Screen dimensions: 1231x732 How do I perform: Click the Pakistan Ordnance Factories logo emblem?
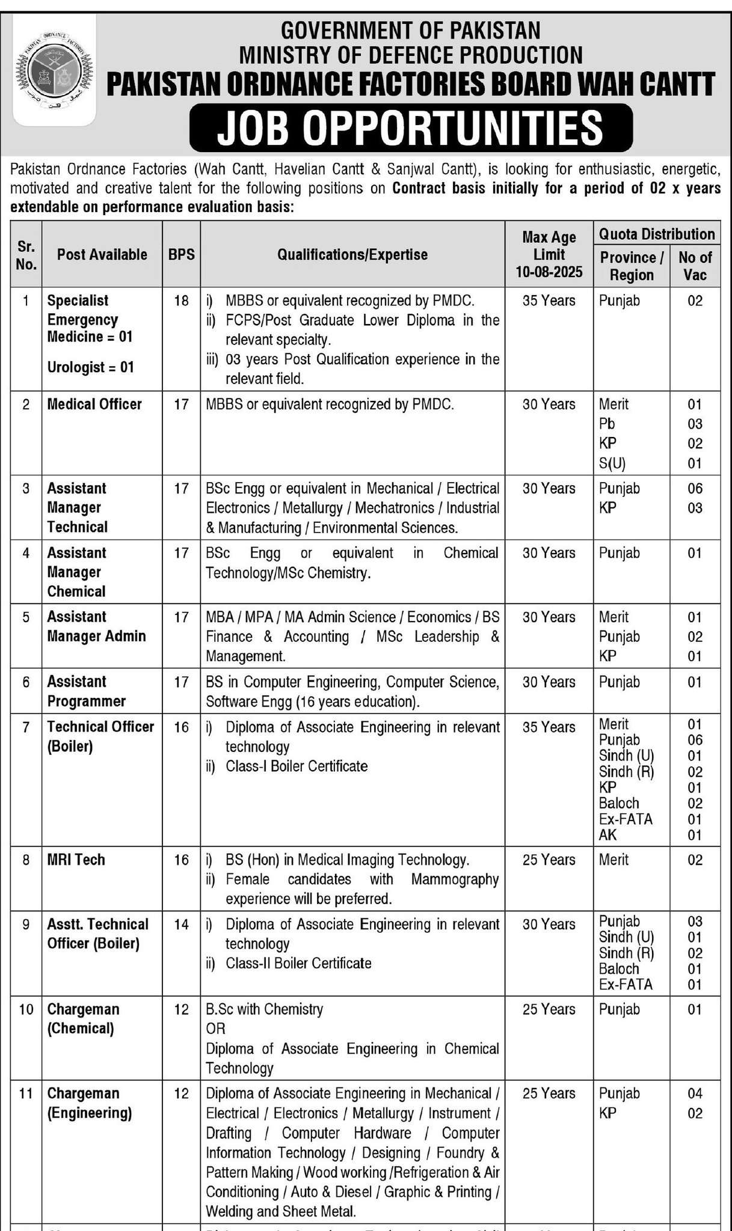pyautogui.click(x=54, y=71)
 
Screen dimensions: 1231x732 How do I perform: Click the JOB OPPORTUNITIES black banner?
pyautogui.click(x=411, y=127)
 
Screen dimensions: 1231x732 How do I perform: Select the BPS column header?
pyautogui.click(x=181, y=254)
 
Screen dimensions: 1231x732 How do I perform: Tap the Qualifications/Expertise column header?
pyautogui.click(x=352, y=254)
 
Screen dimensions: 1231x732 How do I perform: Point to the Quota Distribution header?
pyautogui.click(x=657, y=234)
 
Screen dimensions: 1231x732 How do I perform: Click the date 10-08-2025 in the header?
pyautogui.click(x=549, y=272)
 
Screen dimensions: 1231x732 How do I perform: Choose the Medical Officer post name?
pyautogui.click(x=94, y=404)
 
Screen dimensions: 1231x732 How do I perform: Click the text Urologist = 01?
pyautogui.click(x=90, y=367)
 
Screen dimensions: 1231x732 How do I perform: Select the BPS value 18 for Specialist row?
pyautogui.click(x=181, y=301)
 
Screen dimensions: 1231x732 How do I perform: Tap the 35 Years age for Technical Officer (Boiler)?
pyautogui.click(x=549, y=727)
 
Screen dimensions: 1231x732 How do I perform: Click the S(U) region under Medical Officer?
pyautogui.click(x=613, y=463)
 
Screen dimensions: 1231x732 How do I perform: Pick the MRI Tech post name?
pyautogui.click(x=76, y=860)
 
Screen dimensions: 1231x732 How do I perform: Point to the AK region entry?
pyautogui.click(x=607, y=834)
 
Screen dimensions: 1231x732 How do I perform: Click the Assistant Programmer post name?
pyautogui.click(x=86, y=691)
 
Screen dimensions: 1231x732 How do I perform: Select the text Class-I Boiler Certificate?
pyautogui.click(x=297, y=766)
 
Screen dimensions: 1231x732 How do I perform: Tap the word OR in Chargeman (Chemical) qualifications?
pyautogui.click(x=215, y=1028)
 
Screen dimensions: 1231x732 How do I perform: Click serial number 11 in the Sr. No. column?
pyautogui.click(x=26, y=1093)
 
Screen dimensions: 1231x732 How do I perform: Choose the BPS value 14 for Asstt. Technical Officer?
pyautogui.click(x=181, y=924)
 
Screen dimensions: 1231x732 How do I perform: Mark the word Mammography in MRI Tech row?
pyautogui.click(x=455, y=879)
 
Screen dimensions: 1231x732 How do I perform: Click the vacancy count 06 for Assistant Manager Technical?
pyautogui.click(x=695, y=488)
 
